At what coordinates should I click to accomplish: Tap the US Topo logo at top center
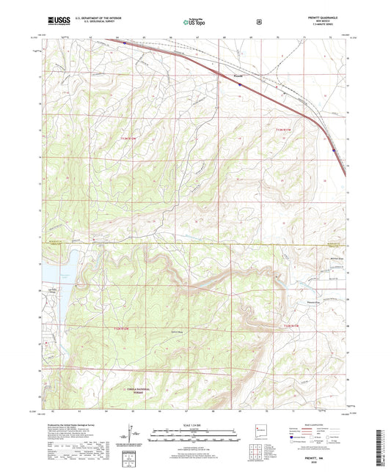(x=194, y=22)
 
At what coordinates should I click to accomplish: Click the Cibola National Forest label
(x=136, y=392)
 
